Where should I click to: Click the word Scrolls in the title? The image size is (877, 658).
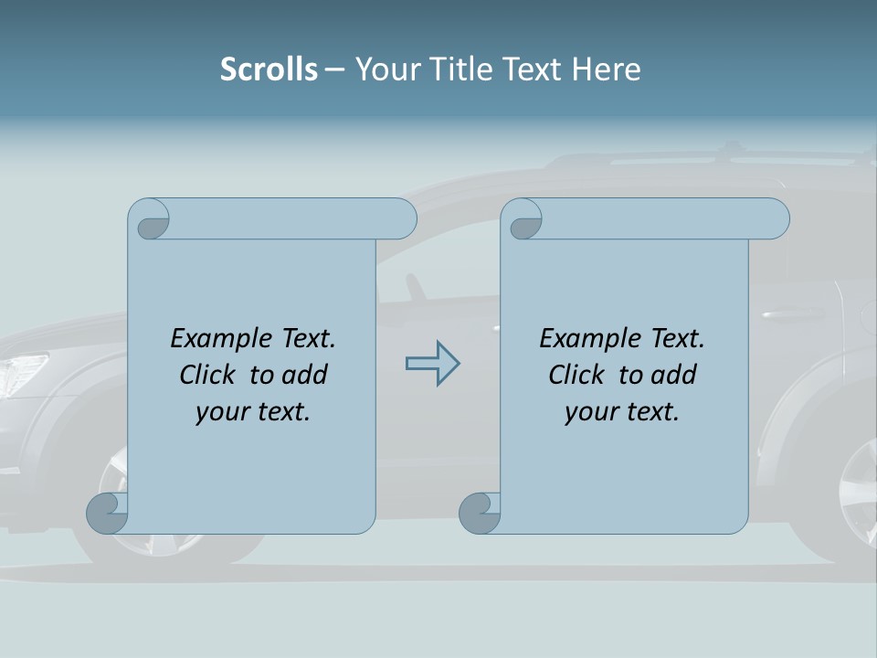[x=269, y=69]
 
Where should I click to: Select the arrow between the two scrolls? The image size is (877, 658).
[x=432, y=364]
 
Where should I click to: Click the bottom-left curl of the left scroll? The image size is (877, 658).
[x=107, y=514]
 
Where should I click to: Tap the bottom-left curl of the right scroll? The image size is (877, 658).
[x=480, y=514]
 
